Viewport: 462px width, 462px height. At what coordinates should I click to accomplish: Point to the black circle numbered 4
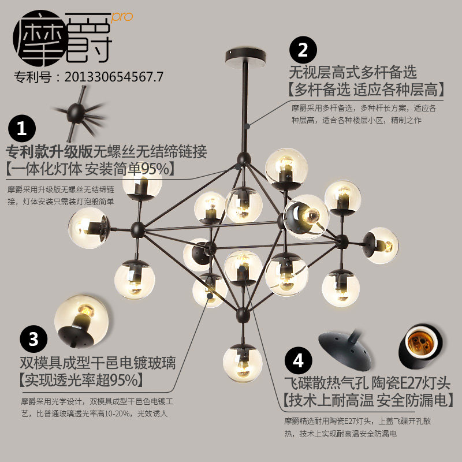tap(298, 360)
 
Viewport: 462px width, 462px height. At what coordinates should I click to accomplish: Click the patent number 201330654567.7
tap(114, 76)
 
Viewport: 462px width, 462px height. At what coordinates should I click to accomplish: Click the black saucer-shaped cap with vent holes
tap(345, 347)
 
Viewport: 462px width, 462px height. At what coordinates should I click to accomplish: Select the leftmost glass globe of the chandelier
tap(88, 226)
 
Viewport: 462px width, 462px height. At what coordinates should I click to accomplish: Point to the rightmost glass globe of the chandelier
tap(381, 244)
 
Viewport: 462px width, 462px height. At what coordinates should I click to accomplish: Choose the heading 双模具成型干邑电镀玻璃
tap(98, 363)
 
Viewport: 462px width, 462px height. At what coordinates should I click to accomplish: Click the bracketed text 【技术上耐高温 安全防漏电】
tap(368, 400)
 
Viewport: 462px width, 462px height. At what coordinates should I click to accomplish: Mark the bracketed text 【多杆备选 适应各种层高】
tap(366, 89)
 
